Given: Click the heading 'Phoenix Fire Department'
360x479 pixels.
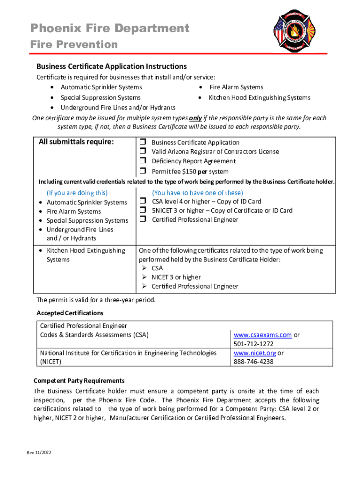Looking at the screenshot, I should [x=110, y=29].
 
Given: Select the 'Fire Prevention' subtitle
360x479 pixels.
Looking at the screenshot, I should [x=74, y=44].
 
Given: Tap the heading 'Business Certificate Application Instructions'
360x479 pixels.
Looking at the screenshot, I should [x=112, y=66].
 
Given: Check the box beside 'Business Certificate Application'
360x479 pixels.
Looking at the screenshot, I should [x=143, y=142].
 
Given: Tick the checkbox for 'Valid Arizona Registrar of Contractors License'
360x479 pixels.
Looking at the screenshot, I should [x=143, y=152].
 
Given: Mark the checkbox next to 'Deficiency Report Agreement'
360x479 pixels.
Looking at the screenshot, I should [x=143, y=161].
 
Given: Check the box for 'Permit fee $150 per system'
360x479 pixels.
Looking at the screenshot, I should [x=143, y=171].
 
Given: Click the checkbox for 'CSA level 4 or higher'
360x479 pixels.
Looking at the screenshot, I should [x=143, y=202].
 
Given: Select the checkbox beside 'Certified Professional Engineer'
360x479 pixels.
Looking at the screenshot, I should [x=143, y=219].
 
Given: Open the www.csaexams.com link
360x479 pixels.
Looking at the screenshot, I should [x=263, y=335].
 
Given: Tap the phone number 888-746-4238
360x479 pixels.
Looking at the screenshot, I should [x=253, y=362].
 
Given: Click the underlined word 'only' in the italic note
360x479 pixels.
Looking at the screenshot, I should [x=195, y=118].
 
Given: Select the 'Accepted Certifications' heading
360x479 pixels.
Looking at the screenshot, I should [x=70, y=313].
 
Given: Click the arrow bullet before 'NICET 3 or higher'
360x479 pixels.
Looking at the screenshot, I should [x=145, y=277].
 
